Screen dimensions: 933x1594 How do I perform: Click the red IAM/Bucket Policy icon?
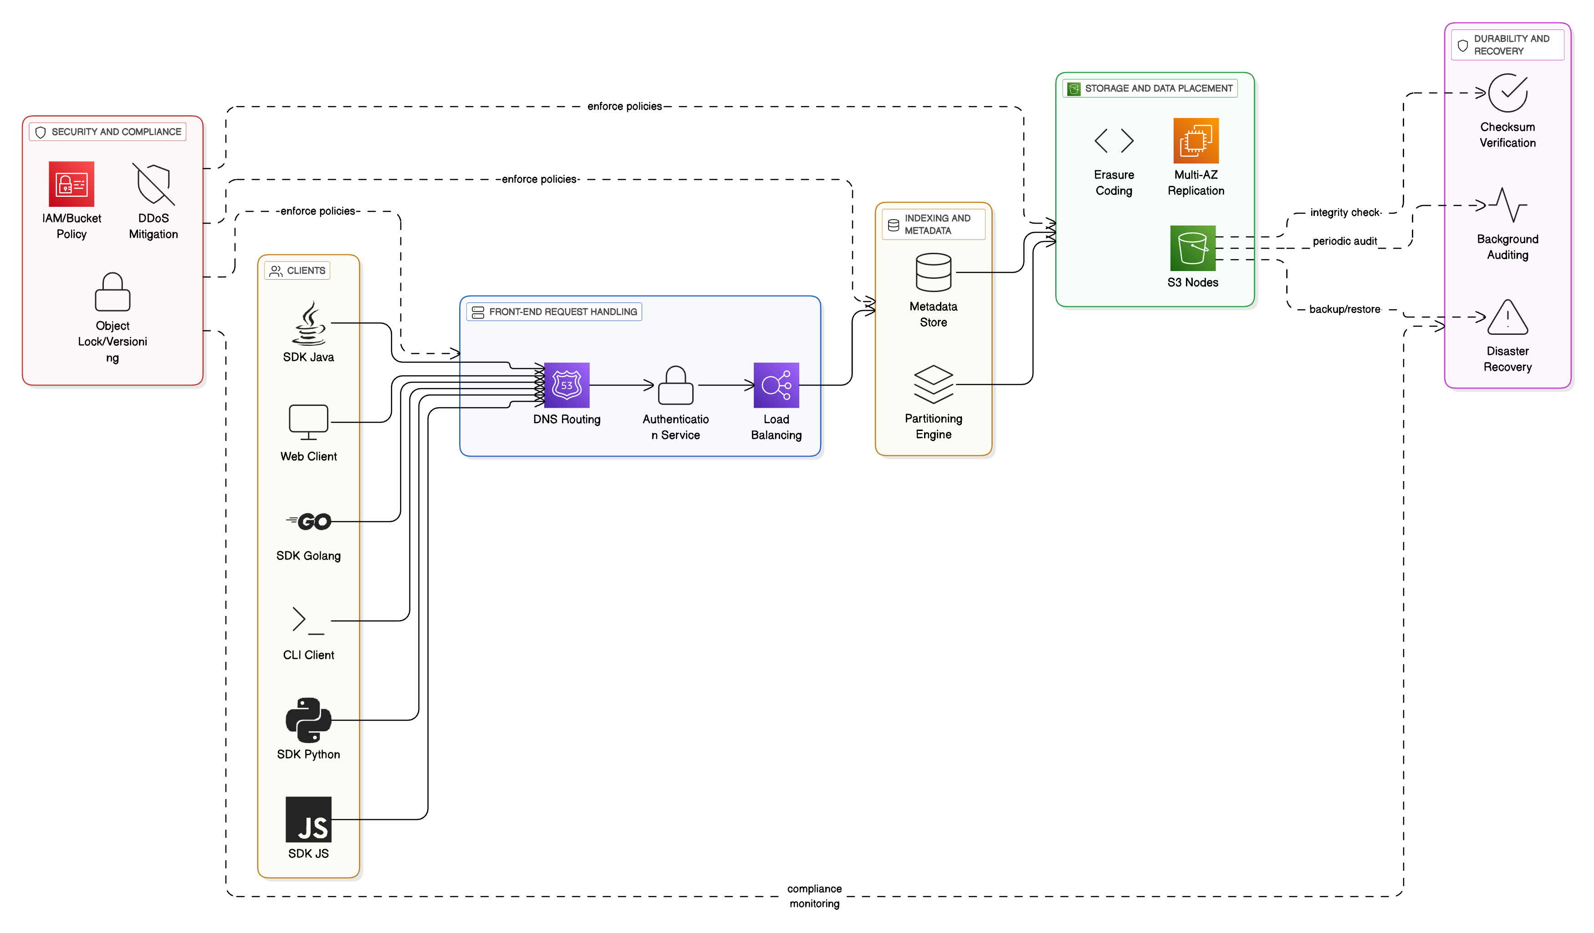(72, 184)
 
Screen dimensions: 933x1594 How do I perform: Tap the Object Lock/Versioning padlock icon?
(112, 292)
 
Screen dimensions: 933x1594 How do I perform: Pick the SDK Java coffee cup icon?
(309, 323)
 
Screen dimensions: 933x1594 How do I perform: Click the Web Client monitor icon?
(309, 422)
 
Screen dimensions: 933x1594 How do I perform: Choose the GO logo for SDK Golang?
(309, 521)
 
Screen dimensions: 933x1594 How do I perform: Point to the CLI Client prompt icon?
(309, 620)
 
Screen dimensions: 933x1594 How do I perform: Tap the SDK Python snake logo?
(309, 720)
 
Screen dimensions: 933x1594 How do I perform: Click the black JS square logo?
(309, 819)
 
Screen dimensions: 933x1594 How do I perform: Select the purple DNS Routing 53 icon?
(567, 385)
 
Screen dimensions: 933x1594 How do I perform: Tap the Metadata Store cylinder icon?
(933, 272)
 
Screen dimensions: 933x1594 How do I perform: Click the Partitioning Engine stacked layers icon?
(933, 384)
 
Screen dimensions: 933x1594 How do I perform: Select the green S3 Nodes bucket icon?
(1192, 248)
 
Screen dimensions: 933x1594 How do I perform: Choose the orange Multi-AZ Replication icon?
(1195, 140)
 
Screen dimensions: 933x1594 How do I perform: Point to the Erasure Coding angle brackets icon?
(1114, 140)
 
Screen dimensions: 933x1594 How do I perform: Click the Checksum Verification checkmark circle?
(1507, 93)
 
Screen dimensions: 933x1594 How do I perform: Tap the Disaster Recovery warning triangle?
(1507, 318)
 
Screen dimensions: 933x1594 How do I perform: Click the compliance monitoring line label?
(814, 896)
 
